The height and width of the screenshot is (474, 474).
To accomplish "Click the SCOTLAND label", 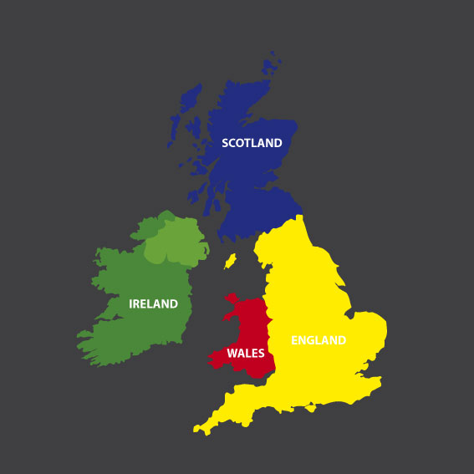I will click(x=252, y=143).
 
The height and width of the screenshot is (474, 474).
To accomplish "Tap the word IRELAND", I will click(x=153, y=304).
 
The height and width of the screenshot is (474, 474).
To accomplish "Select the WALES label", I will click(x=246, y=353).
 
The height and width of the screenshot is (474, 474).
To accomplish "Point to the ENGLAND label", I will click(x=319, y=340).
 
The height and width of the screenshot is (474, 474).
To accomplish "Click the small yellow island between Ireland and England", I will click(x=230, y=261).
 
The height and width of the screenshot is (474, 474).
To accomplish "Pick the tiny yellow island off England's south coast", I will click(x=313, y=408).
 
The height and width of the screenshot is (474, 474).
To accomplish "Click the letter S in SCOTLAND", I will click(x=225, y=143).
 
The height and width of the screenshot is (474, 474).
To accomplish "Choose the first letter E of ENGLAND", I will click(x=294, y=340).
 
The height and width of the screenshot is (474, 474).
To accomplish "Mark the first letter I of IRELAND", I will click(x=131, y=304).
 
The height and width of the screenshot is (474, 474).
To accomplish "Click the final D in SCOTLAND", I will click(x=278, y=143).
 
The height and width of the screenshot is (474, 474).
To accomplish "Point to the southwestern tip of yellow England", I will click(x=197, y=430).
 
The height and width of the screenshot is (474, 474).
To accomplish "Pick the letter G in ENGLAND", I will click(x=310, y=340).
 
